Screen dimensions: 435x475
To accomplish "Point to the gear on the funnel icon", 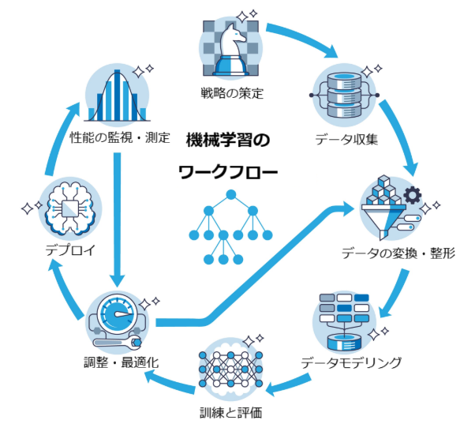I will tap(411, 195).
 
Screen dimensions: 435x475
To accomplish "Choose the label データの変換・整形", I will tap(398, 253).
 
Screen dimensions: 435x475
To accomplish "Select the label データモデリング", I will tap(351, 363).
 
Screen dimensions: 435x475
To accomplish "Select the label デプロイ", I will tap(69, 251).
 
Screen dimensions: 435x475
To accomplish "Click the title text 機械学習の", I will tap(227, 141).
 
